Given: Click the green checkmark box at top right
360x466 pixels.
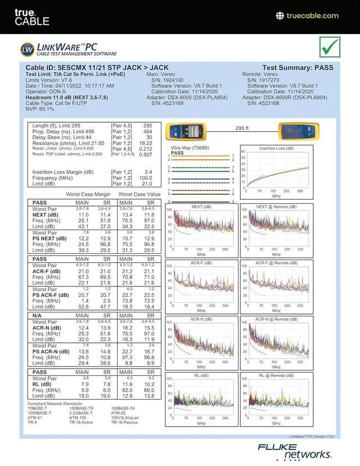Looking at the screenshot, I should click(x=330, y=47).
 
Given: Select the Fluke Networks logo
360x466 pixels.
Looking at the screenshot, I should click(x=295, y=451).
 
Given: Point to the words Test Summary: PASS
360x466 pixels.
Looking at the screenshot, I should click(x=298, y=68).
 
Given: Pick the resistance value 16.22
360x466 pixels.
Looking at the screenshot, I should click(x=145, y=144).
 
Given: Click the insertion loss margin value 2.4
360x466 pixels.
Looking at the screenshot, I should click(x=148, y=172).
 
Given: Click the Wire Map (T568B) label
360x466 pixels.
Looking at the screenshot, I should click(x=190, y=148).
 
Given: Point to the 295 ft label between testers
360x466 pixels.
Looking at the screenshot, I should click(x=242, y=128).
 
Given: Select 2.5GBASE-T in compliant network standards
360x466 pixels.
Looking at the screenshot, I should click(x=82, y=413).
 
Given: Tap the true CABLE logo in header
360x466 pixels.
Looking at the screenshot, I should click(x=31, y=17).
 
